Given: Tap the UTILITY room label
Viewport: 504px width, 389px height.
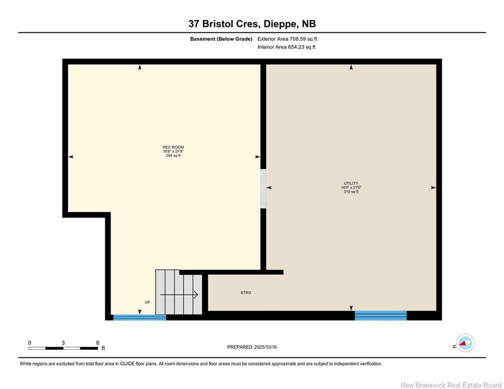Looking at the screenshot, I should (351, 183).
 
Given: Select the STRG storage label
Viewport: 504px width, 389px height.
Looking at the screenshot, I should (246, 293).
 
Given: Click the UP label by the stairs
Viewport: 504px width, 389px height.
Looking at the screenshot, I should (147, 302).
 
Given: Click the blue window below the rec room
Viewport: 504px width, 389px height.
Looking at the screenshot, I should (139, 318).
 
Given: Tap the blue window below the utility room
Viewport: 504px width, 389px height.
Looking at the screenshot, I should (380, 316).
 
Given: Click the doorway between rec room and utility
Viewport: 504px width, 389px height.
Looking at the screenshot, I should (263, 188).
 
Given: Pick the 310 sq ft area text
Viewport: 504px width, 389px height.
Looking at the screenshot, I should (351, 191).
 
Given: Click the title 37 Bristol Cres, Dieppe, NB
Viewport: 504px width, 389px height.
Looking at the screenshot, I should (252, 24).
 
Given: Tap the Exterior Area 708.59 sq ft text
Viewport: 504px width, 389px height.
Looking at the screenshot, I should (287, 39).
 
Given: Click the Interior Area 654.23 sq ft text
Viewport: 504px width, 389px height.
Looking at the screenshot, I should (286, 47).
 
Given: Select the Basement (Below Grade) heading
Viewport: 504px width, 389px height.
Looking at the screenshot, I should (221, 39).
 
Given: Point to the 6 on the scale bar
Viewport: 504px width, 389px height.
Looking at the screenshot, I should (97, 342).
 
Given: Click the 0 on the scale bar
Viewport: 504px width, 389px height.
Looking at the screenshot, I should (29, 342).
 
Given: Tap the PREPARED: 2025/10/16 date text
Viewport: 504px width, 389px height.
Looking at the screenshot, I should (252, 347).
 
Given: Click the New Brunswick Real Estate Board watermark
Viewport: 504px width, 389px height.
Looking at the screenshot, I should (451, 385).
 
